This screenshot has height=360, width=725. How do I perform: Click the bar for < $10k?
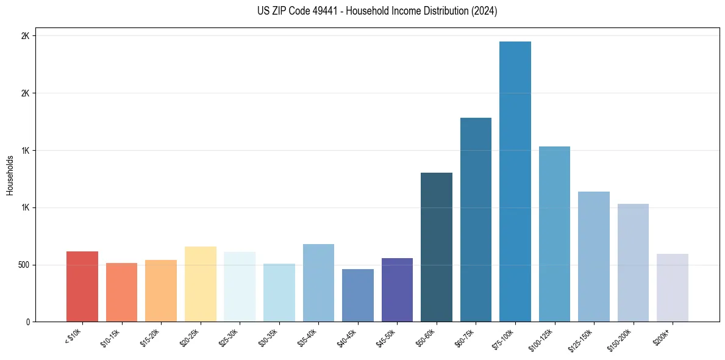click(82, 286)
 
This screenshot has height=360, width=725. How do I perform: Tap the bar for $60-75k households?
click(476, 220)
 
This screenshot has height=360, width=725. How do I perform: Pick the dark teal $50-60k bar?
click(437, 247)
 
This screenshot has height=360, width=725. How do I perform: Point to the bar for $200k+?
click(673, 287)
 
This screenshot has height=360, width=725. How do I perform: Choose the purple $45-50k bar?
click(397, 290)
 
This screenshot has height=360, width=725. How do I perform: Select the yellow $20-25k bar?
click(201, 284)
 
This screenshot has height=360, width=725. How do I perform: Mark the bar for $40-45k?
click(358, 295)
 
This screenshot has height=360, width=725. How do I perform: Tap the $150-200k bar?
click(633, 262)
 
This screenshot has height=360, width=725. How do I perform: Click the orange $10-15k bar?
click(121, 292)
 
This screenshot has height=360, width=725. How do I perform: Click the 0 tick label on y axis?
click(27, 322)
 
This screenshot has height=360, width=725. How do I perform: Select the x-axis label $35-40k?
click(308, 337)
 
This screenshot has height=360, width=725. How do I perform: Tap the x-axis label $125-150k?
click(582, 339)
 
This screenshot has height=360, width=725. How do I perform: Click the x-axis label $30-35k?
click(268, 337)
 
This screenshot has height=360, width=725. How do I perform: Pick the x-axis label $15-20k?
click(150, 337)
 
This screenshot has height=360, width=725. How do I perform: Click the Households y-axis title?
click(10, 175)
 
